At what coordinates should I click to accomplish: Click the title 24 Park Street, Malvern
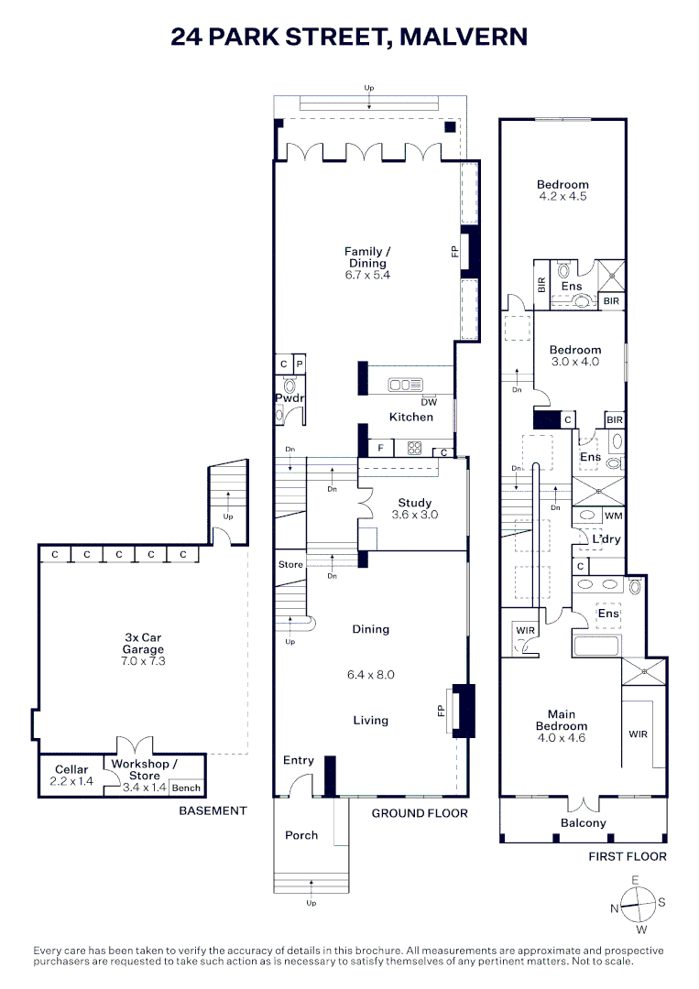pyautogui.click(x=349, y=37)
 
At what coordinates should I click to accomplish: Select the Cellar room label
pyautogui.click(x=71, y=769)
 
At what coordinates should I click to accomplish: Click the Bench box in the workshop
pyautogui.click(x=186, y=788)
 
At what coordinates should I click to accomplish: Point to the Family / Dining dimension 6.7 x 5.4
pyautogui.click(x=366, y=275)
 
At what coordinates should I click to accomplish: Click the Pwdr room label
pyautogui.click(x=289, y=397)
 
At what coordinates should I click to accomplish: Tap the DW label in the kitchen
pyautogui.click(x=428, y=402)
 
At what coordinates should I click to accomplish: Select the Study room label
pyautogui.click(x=415, y=503)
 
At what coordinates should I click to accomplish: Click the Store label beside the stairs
pyautogui.click(x=290, y=565)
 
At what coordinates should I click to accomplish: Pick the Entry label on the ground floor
pyautogui.click(x=299, y=760)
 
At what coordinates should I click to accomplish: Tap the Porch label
pyautogui.click(x=301, y=834)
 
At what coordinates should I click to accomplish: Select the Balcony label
pyautogui.click(x=584, y=822)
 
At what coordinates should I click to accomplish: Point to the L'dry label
pyautogui.click(x=606, y=539)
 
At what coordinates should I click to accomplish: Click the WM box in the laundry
pyautogui.click(x=613, y=516)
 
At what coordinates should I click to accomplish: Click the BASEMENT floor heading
pyautogui.click(x=213, y=810)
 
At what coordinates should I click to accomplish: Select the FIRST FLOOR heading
pyautogui.click(x=628, y=856)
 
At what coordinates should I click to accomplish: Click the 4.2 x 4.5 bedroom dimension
pyautogui.click(x=562, y=196)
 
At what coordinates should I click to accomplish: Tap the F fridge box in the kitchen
pyautogui.click(x=381, y=448)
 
